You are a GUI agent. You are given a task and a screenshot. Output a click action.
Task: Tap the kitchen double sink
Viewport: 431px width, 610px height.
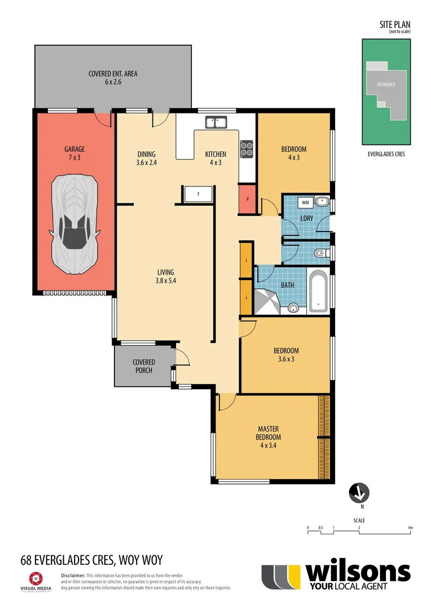click(x=215, y=122)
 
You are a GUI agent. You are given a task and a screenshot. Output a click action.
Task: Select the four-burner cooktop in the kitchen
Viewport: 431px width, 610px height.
click(x=247, y=148)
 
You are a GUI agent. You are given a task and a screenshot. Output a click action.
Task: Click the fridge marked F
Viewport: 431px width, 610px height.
click(x=198, y=194)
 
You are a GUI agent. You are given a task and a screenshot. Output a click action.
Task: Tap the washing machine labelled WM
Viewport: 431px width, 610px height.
click(x=305, y=202)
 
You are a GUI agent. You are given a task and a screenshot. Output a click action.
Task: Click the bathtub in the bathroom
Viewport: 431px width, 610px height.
click(x=319, y=291)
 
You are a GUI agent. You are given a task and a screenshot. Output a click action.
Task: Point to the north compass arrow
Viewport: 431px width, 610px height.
click(x=358, y=493)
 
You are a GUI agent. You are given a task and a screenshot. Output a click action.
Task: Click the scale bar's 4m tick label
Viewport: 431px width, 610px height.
click(x=410, y=528)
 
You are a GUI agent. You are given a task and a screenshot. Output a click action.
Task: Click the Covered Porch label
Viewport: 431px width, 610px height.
click(x=144, y=366)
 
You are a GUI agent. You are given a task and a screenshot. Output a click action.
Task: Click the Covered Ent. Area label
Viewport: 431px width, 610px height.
click(x=113, y=77)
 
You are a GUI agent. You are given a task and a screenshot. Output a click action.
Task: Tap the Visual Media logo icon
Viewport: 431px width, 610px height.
click(x=36, y=578)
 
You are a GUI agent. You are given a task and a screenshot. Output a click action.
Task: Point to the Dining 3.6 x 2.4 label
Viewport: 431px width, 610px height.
click(x=146, y=158)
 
